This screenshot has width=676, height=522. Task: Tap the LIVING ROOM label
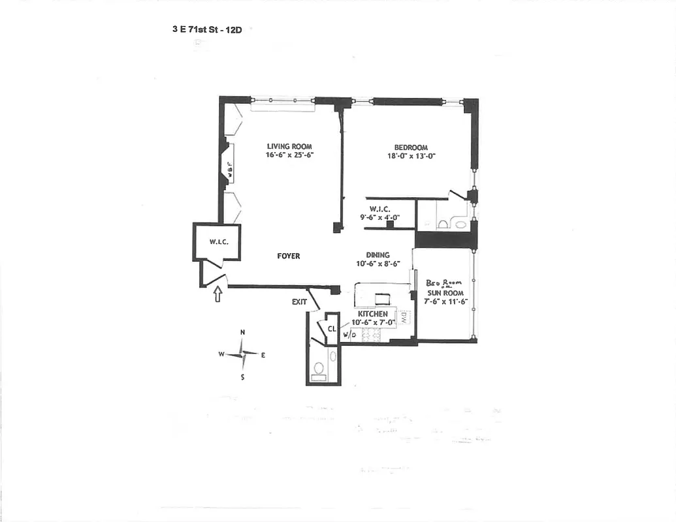click(289, 146)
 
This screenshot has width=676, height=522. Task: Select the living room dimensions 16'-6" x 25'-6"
click(289, 155)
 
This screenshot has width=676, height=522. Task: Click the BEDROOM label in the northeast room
click(410, 147)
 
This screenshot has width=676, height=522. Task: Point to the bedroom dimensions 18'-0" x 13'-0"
click(410, 156)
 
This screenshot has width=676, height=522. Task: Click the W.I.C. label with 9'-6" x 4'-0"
click(379, 209)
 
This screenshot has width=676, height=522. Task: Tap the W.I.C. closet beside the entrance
click(217, 242)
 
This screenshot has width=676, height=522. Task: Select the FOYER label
click(288, 256)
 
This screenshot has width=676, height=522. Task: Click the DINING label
click(378, 255)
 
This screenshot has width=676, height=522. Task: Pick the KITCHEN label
click(372, 315)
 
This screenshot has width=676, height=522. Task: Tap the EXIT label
click(299, 302)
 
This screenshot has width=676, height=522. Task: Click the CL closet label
click(332, 330)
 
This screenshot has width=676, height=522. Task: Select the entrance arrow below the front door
click(217, 295)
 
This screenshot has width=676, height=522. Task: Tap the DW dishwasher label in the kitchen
click(404, 316)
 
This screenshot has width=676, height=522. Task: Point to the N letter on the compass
click(242, 332)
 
